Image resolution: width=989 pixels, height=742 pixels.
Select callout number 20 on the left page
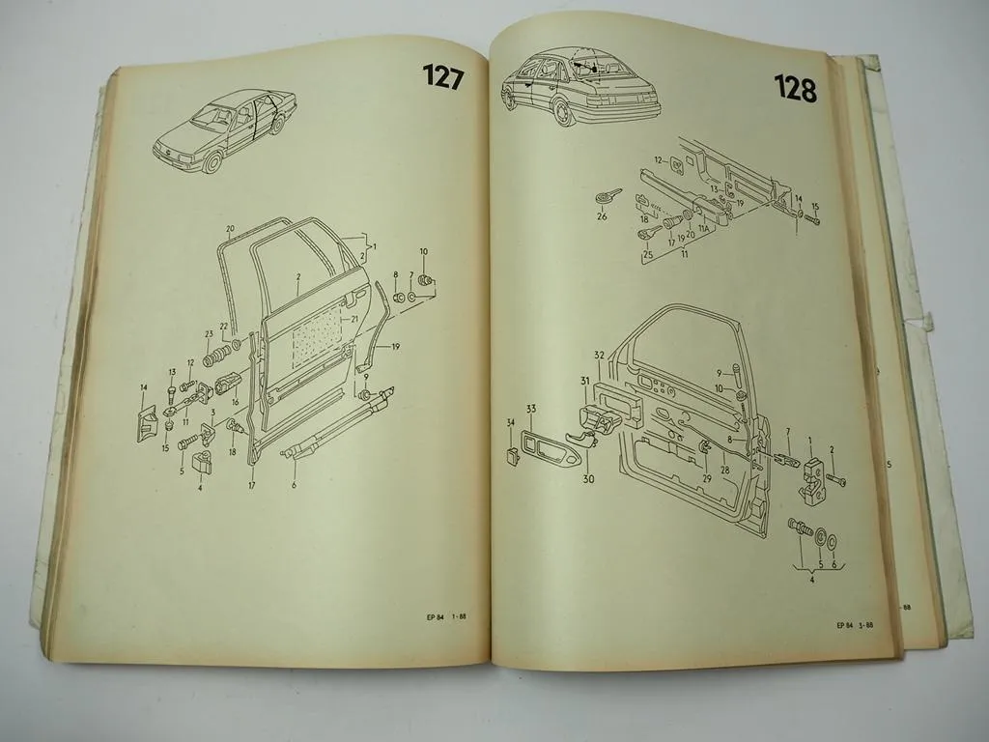pyautogui.click(x=231, y=229)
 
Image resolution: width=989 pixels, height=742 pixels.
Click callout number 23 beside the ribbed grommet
pyautogui.click(x=208, y=335)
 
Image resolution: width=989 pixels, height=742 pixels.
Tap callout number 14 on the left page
pyautogui.click(x=144, y=388)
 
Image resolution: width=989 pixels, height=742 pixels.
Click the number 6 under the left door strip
pyautogui.click(x=294, y=484)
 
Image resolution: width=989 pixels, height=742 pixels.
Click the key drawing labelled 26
pyautogui.click(x=605, y=196)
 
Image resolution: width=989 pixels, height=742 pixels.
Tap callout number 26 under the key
pyautogui.click(x=602, y=217)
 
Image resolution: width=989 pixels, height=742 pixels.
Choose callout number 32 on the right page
pyautogui.click(x=598, y=356)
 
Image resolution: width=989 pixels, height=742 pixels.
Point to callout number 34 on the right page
pyautogui.click(x=510, y=422)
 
